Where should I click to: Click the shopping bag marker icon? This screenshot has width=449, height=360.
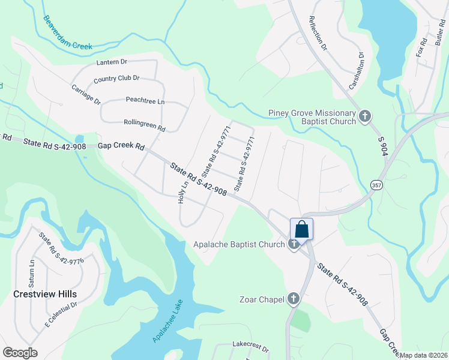[x=301, y=229]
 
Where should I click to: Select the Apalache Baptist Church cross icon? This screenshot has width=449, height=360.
[x=294, y=244]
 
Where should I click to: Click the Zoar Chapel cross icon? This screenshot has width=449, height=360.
[x=293, y=298]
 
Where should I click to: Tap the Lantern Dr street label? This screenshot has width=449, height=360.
[x=112, y=62]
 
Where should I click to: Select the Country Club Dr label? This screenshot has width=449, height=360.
[x=116, y=78]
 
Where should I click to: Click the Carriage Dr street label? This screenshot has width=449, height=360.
[x=86, y=95]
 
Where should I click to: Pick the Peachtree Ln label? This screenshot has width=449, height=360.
[x=145, y=101]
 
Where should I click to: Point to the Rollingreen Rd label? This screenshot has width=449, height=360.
[x=144, y=125]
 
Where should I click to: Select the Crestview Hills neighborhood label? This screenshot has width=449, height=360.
[x=45, y=294]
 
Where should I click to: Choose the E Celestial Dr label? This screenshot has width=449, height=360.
[x=61, y=314]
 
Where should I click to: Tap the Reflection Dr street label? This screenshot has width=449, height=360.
[x=318, y=33]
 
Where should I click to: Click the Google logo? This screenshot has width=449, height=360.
[x=20, y=353]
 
